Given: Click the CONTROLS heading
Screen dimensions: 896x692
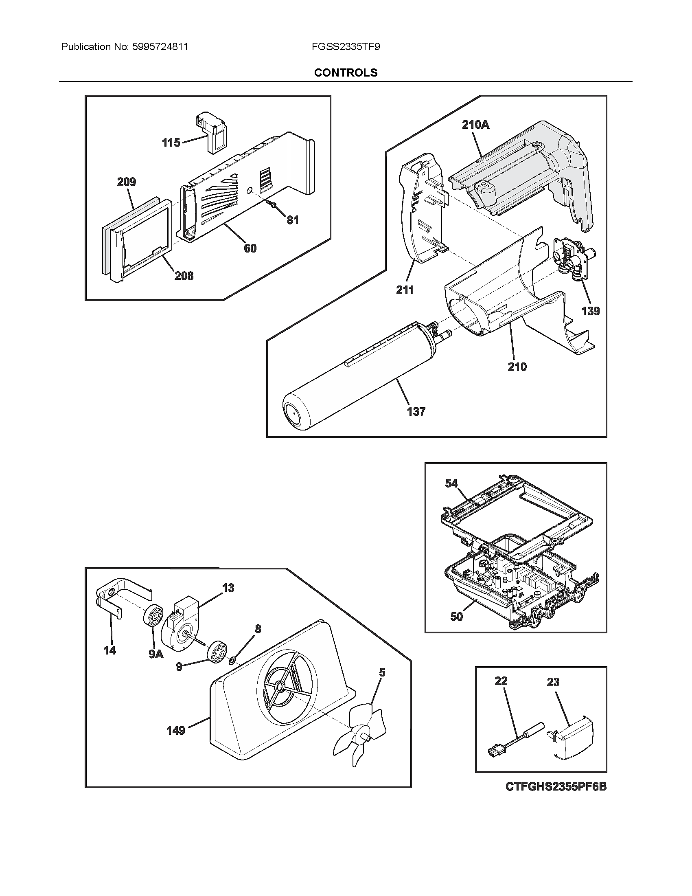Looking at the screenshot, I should [x=346, y=72].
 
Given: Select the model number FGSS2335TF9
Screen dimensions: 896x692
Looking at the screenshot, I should [x=346, y=47].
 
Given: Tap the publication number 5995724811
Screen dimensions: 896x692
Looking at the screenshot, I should [x=160, y=47].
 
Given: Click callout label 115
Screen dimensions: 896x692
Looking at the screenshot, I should [x=171, y=143].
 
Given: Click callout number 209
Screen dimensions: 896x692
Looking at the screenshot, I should [x=126, y=182].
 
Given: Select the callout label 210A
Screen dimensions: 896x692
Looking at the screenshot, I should [x=475, y=124].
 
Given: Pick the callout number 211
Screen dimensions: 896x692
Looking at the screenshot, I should [x=405, y=290].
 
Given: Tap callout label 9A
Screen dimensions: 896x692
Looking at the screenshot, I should [x=156, y=654].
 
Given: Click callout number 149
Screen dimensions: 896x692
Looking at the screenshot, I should [x=175, y=730].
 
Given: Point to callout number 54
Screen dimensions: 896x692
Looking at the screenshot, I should [x=451, y=483].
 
